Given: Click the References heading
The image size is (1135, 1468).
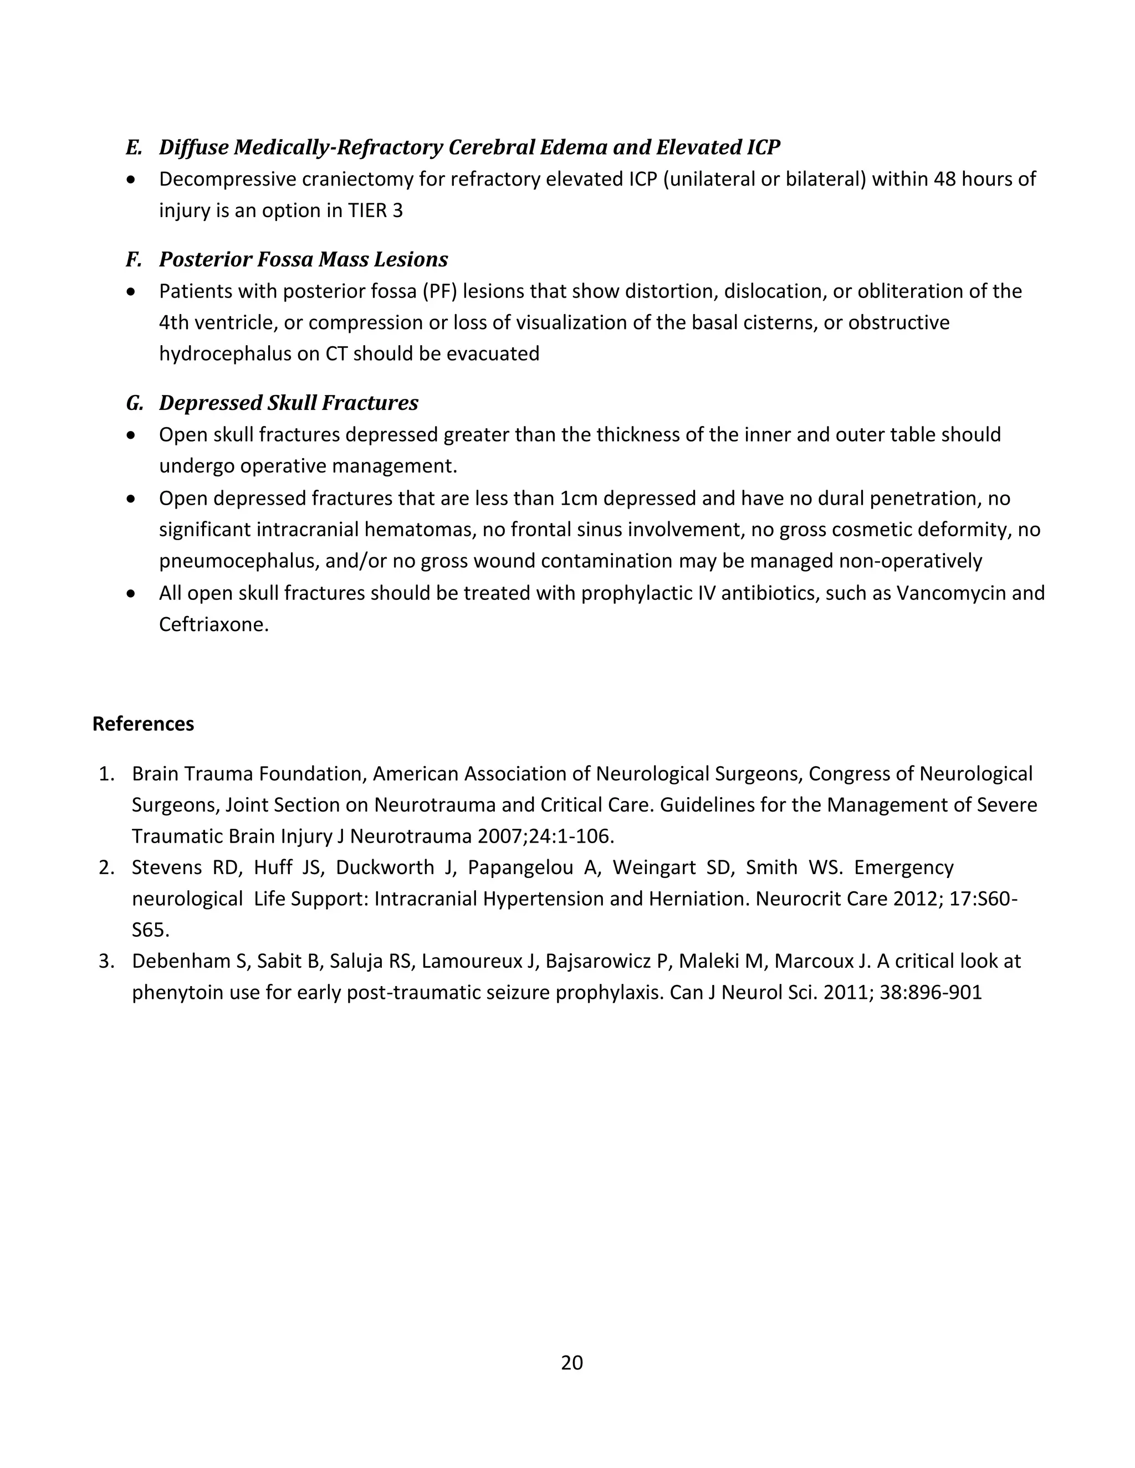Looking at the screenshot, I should click(x=143, y=724).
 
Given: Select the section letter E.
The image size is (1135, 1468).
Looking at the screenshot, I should click(x=133, y=147).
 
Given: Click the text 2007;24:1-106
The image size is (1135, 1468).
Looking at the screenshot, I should click(x=545, y=837).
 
